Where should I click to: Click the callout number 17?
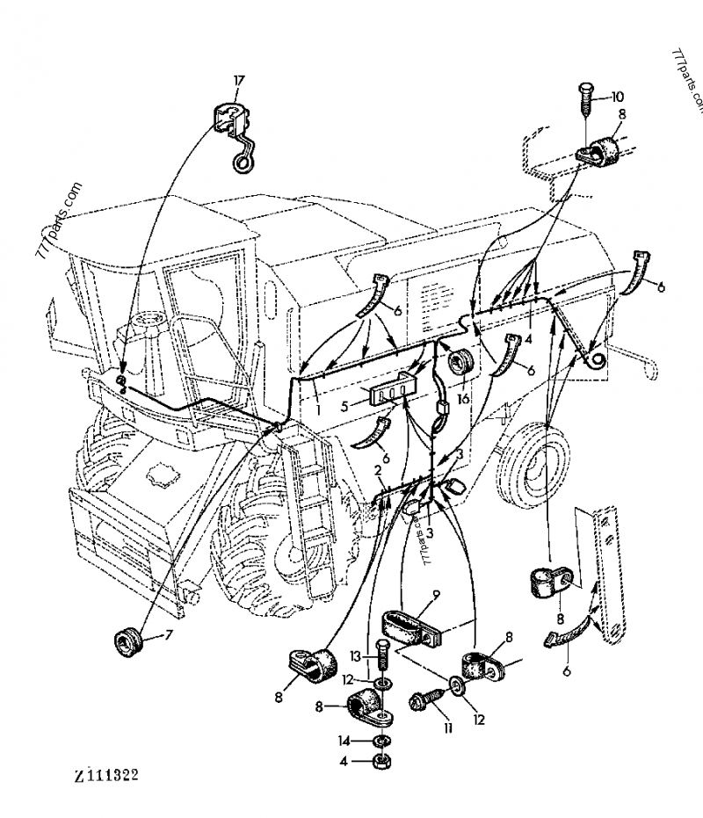[237, 81]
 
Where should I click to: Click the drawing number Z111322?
[105, 777]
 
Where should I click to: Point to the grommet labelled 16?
[460, 359]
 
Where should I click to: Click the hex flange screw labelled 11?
[422, 701]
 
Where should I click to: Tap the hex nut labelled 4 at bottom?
[382, 760]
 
